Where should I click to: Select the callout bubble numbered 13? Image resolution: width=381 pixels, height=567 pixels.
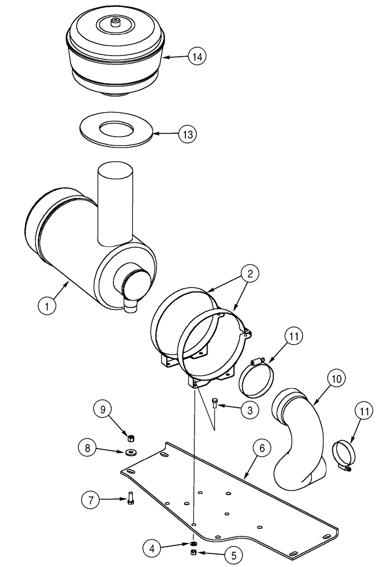(187, 134)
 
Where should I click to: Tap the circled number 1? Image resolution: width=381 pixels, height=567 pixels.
(49, 307)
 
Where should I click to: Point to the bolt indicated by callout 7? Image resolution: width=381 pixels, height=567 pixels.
(131, 499)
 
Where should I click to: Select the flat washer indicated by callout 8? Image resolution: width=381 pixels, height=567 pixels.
(132, 452)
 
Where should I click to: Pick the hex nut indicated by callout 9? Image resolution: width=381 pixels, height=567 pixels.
(130, 437)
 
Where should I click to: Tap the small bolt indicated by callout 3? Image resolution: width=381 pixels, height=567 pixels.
(214, 404)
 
